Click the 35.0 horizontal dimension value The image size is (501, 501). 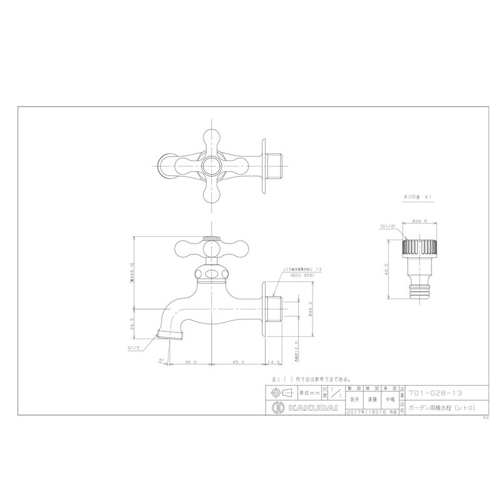click(191, 362)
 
